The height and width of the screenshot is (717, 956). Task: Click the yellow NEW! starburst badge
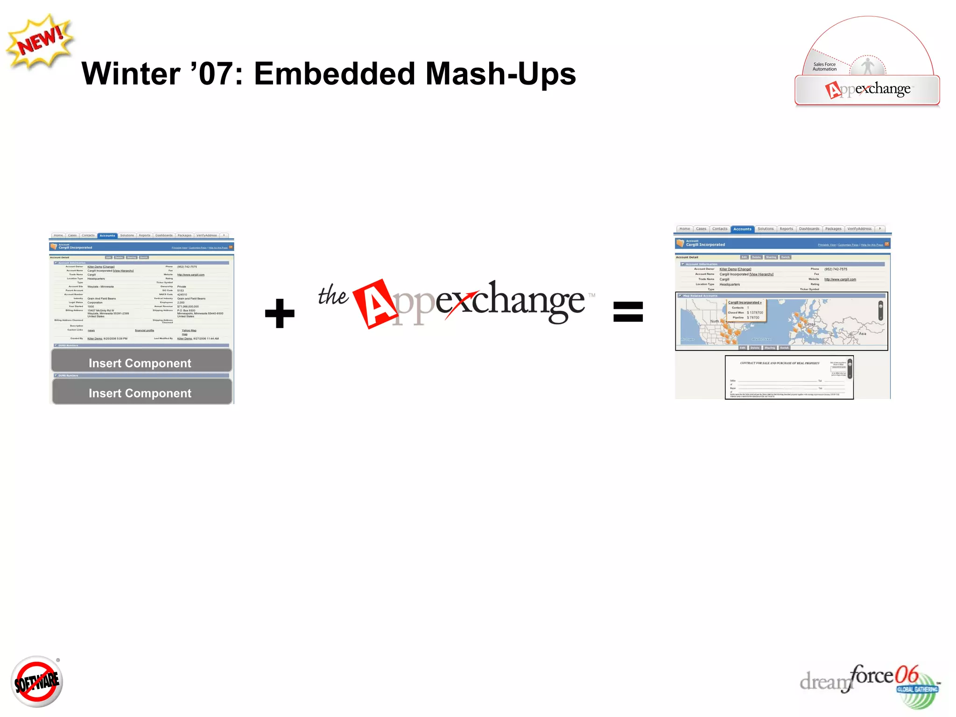point(40,42)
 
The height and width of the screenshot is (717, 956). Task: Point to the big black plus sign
point(280,313)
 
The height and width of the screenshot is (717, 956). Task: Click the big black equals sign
point(628,312)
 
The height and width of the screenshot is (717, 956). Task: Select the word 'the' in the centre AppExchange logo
point(333,295)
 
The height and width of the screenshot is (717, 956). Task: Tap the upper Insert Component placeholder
point(141,363)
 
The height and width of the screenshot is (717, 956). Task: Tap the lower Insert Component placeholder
point(141,393)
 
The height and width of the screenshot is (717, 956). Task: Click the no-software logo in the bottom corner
point(37,682)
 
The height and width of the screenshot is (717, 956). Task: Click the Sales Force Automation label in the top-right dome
point(824,67)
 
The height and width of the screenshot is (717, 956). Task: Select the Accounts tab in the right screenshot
point(742,229)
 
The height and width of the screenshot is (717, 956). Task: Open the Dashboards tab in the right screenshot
point(809,229)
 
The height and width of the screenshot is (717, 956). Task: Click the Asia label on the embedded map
point(862,334)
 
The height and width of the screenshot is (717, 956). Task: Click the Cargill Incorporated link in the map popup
point(745,302)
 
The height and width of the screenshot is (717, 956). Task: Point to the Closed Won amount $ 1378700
point(755,313)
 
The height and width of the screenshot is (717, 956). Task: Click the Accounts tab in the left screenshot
point(107,236)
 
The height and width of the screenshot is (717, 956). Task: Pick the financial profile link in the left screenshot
point(144,330)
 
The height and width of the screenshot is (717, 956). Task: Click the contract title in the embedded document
point(780,363)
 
